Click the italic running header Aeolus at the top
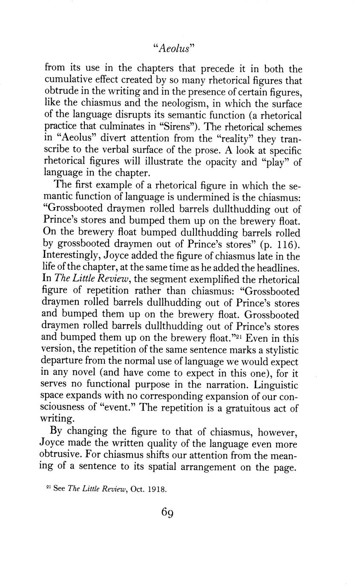(x=173, y=48)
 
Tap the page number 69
(x=167, y=513)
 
